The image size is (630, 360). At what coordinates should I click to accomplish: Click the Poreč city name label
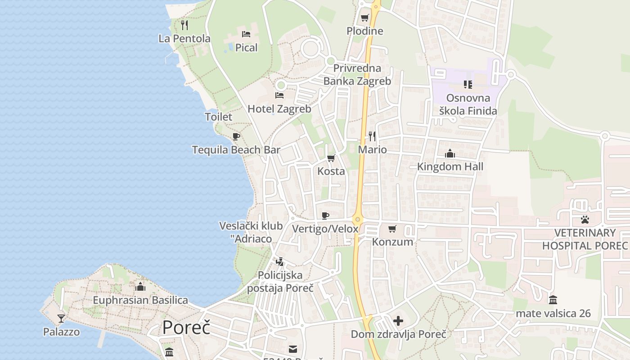[186, 328]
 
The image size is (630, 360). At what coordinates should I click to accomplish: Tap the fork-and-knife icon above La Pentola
[184, 25]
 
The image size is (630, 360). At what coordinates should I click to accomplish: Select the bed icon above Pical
[246, 34]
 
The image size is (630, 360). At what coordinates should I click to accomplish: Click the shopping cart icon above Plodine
[364, 18]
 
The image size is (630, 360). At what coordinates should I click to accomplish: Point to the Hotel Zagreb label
[279, 109]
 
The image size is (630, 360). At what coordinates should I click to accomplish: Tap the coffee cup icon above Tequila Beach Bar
[236, 136]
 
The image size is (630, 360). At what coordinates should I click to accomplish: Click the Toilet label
[219, 117]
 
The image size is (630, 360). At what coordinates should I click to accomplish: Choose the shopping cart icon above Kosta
[331, 158]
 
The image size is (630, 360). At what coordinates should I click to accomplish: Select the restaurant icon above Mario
[372, 136]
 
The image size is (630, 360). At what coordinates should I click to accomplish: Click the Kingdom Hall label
[450, 166]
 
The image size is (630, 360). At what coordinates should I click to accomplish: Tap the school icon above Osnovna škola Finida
[468, 84]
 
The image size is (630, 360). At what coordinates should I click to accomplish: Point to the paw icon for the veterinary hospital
[585, 220]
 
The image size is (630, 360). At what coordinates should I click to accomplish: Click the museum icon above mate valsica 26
[553, 300]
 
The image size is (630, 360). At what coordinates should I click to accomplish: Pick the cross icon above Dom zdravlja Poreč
[398, 321]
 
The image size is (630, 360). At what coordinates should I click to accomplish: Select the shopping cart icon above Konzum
[392, 229]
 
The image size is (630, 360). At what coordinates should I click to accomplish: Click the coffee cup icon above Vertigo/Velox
[325, 216]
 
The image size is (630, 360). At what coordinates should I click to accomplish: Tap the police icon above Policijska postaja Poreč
[280, 261]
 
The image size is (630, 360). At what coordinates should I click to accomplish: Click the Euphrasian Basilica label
[140, 300]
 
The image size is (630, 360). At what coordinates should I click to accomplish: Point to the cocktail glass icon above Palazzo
[61, 319]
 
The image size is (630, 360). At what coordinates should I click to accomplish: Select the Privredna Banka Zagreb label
[358, 75]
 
